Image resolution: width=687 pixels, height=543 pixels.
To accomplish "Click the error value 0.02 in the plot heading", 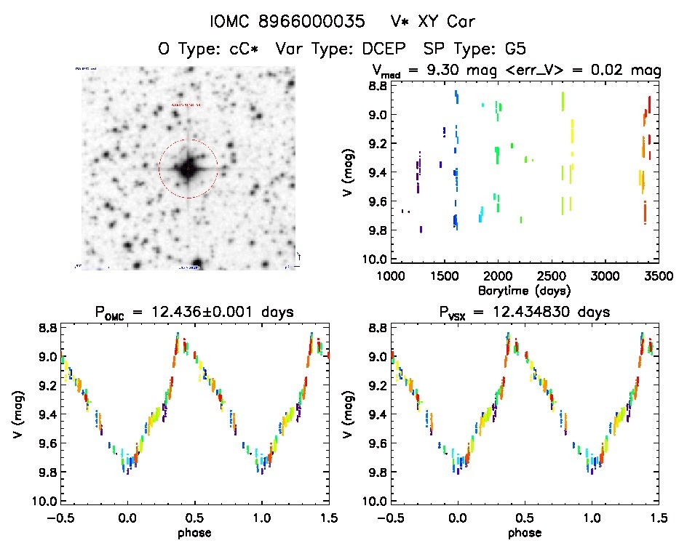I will tap(609, 71).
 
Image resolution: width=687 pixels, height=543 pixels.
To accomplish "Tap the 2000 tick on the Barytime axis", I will tap(498, 276).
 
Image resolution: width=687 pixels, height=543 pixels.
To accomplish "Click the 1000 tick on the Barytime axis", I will tap(391, 276).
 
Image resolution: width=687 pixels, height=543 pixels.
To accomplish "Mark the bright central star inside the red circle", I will tap(188, 169).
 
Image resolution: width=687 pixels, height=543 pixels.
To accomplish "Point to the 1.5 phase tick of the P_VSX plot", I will tap(658, 518).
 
